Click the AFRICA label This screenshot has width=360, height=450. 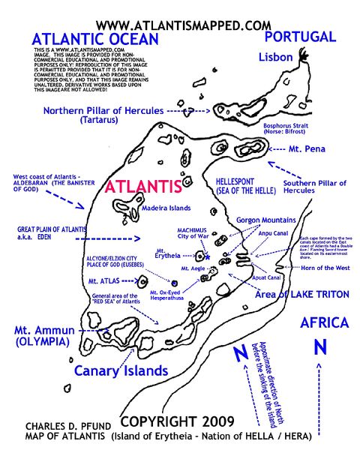click(324, 323)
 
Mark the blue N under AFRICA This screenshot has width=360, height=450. click(319, 347)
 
